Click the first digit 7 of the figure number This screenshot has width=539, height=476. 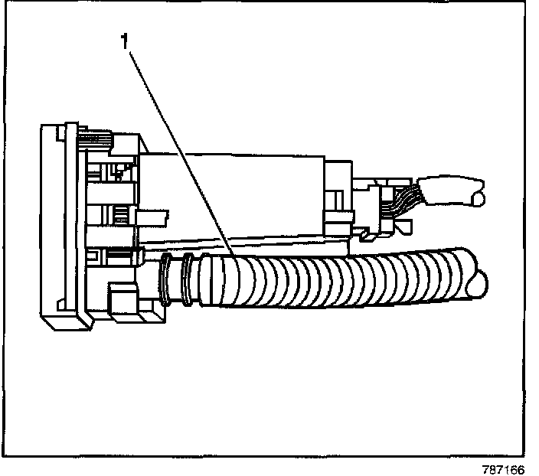pyautogui.click(x=491, y=468)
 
